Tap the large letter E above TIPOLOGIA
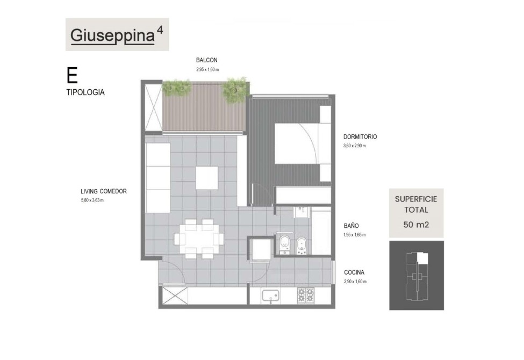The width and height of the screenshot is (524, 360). (x=72, y=75)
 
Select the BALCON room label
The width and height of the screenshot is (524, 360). (x=206, y=60)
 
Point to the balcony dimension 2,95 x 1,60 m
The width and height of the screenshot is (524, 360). (x=207, y=69)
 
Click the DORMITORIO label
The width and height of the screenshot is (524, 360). (x=360, y=136)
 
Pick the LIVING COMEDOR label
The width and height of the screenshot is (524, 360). (x=104, y=191)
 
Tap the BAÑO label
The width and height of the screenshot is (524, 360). (x=351, y=226)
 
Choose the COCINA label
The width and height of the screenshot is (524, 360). (x=354, y=272)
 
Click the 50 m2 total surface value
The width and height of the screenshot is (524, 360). (x=416, y=225)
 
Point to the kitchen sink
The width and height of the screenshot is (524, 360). (x=270, y=296)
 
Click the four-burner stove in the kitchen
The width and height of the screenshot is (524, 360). (x=306, y=296)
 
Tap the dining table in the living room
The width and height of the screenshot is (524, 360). (x=199, y=239)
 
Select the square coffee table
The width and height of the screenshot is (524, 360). (x=206, y=178)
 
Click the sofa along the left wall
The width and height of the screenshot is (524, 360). (x=157, y=178)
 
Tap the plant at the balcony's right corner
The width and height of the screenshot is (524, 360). (x=235, y=89)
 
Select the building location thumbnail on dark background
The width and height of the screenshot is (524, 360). (x=417, y=276)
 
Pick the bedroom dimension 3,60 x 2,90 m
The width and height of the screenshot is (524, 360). (x=354, y=146)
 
